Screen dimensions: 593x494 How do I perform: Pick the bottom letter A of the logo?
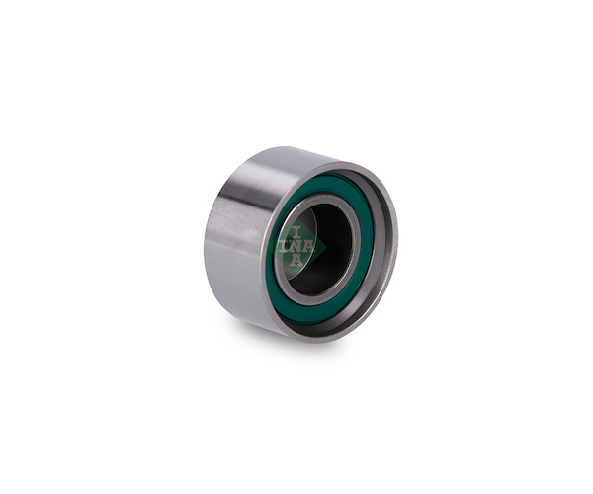tap(296, 260)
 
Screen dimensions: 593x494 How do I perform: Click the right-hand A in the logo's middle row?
tap(308, 246)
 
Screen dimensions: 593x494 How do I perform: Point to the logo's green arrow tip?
tap(326, 246)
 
